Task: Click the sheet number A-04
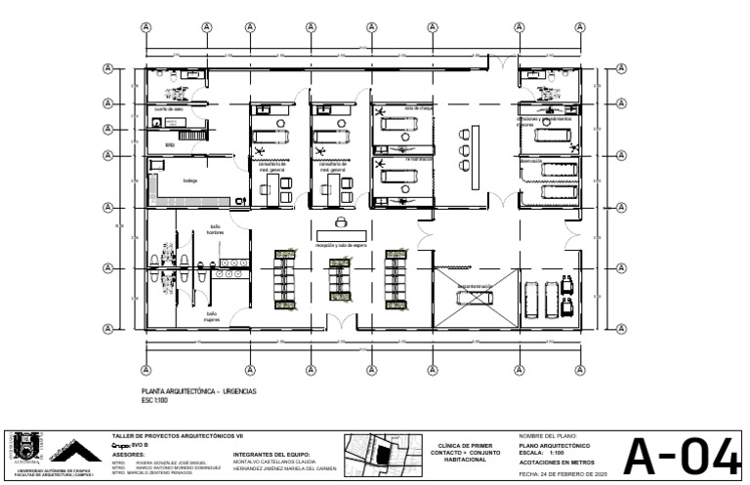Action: tap(682, 456)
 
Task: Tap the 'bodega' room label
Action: tap(189, 181)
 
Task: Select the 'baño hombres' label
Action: tap(215, 230)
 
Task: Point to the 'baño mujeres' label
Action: tap(211, 316)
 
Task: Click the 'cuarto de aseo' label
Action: tap(168, 109)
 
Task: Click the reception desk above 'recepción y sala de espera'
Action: tap(341, 236)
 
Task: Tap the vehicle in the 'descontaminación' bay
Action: tap(473, 297)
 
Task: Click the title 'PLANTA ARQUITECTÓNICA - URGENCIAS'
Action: tap(199, 390)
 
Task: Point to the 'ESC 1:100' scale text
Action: tap(155, 400)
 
